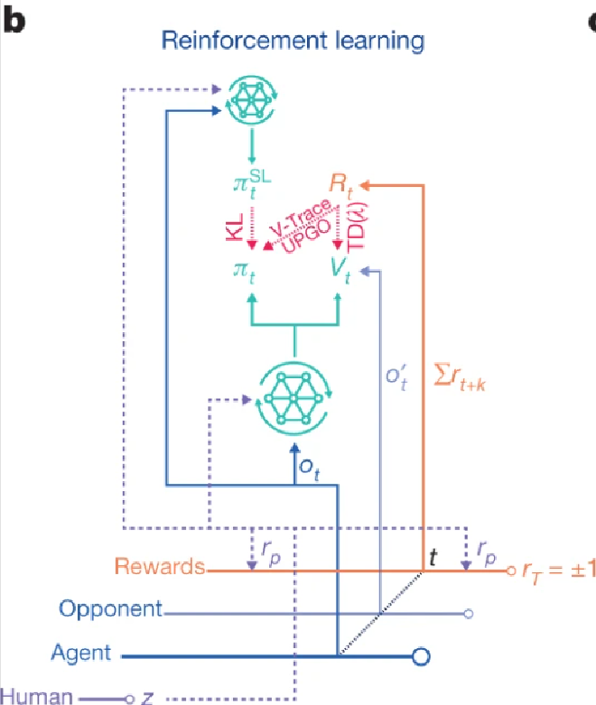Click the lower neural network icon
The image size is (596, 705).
tap(294, 398)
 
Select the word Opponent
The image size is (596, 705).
tap(110, 609)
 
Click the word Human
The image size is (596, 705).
tap(34, 695)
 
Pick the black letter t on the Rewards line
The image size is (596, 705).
tap(434, 556)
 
